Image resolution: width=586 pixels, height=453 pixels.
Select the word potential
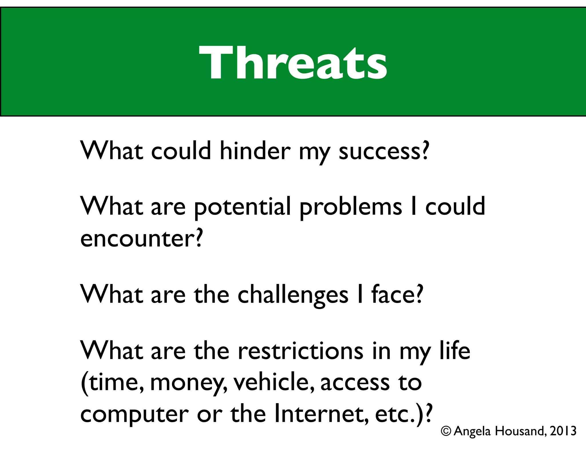point(242,207)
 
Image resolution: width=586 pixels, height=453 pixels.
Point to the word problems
point(351,207)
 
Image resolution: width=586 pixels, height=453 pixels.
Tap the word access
point(355,383)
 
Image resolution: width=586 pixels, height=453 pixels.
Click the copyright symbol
point(446,431)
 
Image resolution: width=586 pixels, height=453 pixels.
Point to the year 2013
point(563,431)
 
